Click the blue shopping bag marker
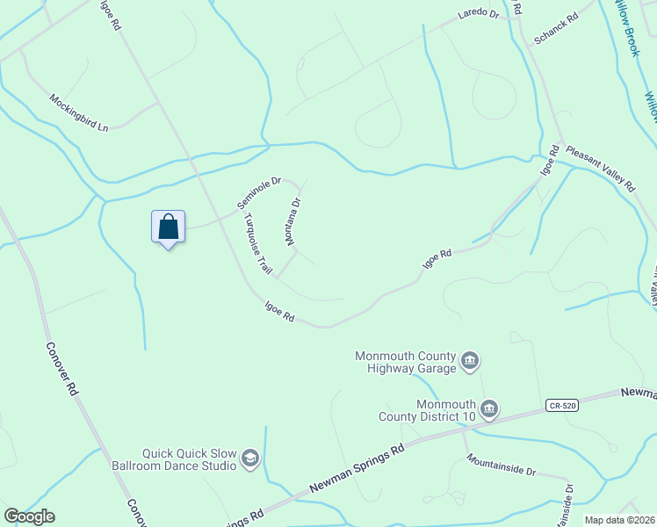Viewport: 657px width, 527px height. click(168, 227)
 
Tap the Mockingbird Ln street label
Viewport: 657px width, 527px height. click(78, 112)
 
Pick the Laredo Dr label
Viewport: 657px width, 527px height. click(478, 15)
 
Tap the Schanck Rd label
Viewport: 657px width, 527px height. click(555, 30)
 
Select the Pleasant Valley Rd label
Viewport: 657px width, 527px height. click(600, 168)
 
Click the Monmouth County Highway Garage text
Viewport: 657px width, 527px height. click(405, 362)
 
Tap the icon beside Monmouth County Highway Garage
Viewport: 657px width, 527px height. click(470, 361)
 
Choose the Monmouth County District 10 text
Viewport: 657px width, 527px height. click(428, 410)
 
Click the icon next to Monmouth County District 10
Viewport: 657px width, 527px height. click(490, 409)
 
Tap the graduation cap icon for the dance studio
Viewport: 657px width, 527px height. click(250, 459)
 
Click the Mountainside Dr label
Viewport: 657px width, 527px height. click(501, 465)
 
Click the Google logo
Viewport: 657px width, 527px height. click(29, 516)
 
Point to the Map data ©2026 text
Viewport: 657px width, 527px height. click(619, 520)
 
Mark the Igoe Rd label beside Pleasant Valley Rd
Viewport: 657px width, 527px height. click(549, 162)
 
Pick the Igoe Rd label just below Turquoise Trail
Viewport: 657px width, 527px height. click(279, 311)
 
